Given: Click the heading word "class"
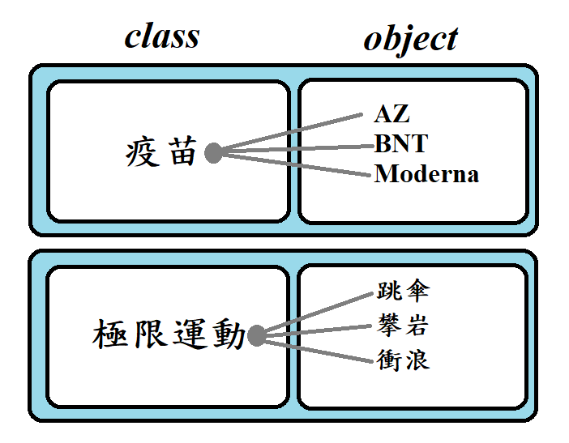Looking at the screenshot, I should (x=162, y=36).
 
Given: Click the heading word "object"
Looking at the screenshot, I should (x=411, y=39).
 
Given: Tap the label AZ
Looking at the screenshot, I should (x=391, y=114).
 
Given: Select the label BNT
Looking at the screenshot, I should (x=400, y=144).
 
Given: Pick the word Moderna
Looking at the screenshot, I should (x=426, y=173).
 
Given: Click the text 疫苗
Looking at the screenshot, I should (x=161, y=152).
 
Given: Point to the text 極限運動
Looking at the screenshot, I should (x=169, y=334).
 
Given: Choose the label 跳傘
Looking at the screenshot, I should (x=403, y=292).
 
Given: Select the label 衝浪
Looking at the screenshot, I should (x=403, y=360).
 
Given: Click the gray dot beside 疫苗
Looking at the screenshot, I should (x=213, y=152).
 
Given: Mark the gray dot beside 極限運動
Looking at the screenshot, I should (x=257, y=335).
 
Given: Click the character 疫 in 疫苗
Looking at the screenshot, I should (x=143, y=152).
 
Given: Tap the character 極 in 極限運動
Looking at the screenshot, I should (x=110, y=334).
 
